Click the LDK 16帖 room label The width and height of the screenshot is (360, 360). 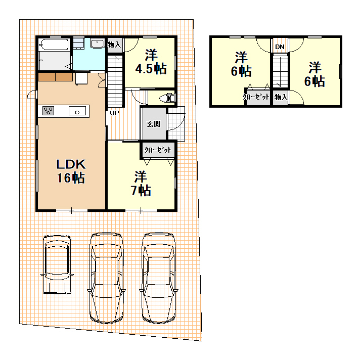click(x=71, y=171)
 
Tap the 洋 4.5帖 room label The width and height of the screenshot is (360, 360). click(x=151, y=62)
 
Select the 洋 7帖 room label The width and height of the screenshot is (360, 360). click(x=141, y=183)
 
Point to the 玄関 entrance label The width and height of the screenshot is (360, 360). click(x=154, y=124)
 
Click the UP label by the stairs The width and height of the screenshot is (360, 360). click(x=114, y=113)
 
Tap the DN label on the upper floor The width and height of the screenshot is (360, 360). click(x=280, y=47)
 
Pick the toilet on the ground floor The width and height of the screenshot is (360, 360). click(x=167, y=98)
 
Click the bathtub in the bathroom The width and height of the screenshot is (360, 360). click(x=54, y=44)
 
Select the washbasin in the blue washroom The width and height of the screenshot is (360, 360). click(x=98, y=43)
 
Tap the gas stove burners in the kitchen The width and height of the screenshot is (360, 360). click(x=48, y=111)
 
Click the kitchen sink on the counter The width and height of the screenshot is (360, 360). click(x=77, y=111)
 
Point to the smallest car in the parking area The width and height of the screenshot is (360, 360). click(x=57, y=264)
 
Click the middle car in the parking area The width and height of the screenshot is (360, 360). click(x=106, y=278)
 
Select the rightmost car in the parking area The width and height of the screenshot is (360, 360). click(x=159, y=278)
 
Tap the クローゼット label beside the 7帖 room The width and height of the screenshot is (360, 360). click(x=158, y=150)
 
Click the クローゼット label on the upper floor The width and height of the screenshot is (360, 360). click(x=256, y=97)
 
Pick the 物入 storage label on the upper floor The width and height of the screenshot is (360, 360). click(x=281, y=97)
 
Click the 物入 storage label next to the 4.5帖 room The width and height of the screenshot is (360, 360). click(x=114, y=44)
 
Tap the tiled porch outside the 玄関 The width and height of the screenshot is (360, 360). click(x=176, y=124)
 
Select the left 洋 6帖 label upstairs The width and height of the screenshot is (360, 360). click(x=241, y=64)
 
